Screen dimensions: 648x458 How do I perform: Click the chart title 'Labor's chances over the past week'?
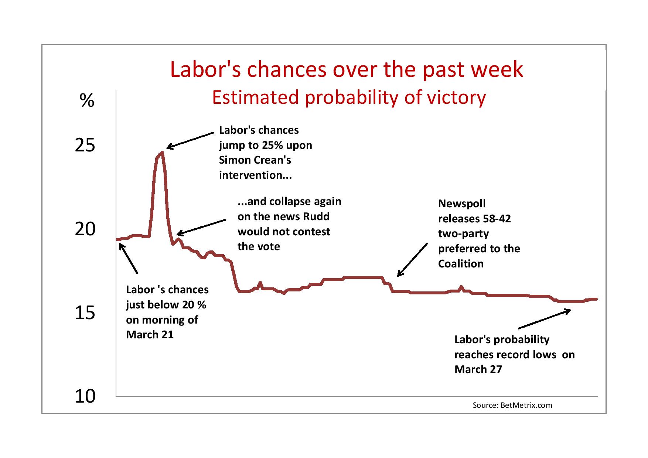click(x=347, y=69)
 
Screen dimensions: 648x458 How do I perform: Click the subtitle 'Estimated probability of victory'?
click(x=349, y=97)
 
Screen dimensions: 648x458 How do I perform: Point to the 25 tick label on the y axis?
click(x=85, y=146)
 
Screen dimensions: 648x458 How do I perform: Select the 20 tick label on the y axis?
click(x=85, y=229)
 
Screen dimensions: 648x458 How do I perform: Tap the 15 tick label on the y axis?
click(x=85, y=313)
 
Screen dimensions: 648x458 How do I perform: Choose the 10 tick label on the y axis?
click(x=85, y=397)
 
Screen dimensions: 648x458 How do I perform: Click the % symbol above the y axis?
click(x=87, y=100)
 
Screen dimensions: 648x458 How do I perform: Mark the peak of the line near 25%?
click(x=162, y=152)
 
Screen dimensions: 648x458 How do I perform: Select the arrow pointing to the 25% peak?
click(x=190, y=140)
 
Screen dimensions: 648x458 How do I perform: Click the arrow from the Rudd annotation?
click(x=201, y=227)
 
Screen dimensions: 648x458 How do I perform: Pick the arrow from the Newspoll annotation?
click(x=412, y=260)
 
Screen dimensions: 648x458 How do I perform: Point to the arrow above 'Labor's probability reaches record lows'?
click(x=545, y=319)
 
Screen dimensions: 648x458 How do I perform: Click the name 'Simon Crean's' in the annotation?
click(x=255, y=160)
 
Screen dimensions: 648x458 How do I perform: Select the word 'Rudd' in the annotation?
click(x=316, y=216)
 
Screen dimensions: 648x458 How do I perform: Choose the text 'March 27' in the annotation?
click(x=478, y=369)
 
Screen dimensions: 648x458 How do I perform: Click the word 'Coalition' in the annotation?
click(x=461, y=264)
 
